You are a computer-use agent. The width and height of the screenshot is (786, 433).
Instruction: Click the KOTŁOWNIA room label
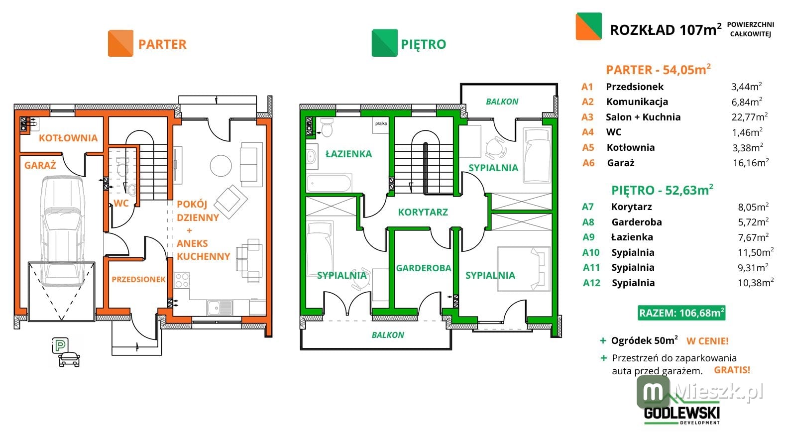pos(68,138)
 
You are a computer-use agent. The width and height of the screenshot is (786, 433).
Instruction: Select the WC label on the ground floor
pos(121,203)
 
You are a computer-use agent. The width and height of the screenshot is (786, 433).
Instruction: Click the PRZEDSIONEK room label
pos(138,279)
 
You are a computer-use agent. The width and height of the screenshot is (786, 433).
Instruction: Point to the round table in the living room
pos(221,166)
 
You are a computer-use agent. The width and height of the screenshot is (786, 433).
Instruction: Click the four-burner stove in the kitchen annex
pos(182,280)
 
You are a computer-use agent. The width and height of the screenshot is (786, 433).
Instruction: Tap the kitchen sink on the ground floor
pos(220,308)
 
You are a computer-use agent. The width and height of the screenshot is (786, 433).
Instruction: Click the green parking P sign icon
pos(60,345)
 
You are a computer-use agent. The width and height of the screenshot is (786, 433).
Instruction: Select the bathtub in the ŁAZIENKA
pos(329,183)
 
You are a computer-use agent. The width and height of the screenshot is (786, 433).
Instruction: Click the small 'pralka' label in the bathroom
pos(381,123)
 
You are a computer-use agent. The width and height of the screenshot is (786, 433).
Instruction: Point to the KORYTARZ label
pos(423,212)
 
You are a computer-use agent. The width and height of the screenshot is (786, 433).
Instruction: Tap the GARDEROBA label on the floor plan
pos(424,268)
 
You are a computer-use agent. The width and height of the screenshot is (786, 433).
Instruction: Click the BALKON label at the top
pos(502,102)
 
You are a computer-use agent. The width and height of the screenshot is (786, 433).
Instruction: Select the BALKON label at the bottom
pos(388,335)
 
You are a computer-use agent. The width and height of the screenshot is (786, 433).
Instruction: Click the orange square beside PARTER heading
pos(120,43)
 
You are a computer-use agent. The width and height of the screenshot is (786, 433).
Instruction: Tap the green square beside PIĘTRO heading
pos(385,43)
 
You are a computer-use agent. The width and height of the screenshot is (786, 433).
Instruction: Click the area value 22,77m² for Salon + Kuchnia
pos(750,116)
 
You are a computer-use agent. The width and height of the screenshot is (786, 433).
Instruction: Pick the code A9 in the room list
pos(588,237)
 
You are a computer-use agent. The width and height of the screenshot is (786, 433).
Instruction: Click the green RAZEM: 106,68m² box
pos(681,313)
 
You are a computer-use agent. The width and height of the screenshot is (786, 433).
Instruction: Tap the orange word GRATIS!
pos(732,370)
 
